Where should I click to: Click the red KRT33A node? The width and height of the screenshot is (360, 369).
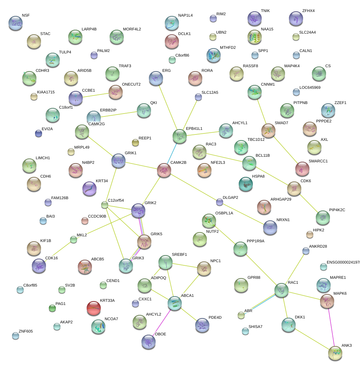94,308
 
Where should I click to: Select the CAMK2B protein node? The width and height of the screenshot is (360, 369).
164,170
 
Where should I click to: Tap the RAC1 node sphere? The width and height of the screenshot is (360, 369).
281,290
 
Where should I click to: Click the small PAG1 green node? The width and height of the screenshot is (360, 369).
52,308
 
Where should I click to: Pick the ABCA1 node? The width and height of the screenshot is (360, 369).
174,303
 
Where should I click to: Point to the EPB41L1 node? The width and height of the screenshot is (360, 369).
179,136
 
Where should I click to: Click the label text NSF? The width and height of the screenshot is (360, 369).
26,16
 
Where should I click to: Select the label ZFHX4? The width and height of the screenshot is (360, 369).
308,11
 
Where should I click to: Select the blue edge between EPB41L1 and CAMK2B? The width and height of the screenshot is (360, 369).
172,153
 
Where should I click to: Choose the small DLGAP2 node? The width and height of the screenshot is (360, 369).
220,202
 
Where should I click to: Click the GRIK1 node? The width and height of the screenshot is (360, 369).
118,161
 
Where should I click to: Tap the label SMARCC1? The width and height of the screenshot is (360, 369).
318,161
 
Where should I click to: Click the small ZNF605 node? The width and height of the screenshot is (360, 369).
16,336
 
